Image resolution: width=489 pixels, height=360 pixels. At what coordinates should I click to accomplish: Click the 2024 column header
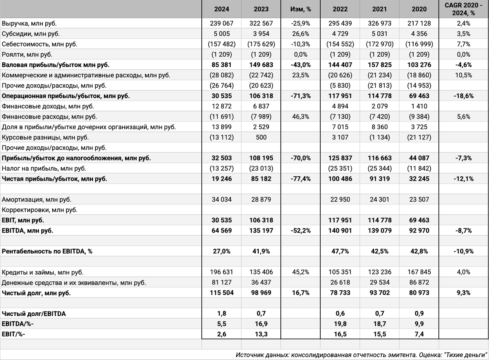coord(222,9)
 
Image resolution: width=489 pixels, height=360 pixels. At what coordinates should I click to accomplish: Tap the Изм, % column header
coord(301,9)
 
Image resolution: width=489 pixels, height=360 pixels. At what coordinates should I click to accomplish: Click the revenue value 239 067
coord(222,23)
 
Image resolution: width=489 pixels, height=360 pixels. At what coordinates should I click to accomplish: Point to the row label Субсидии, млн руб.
coord(31,34)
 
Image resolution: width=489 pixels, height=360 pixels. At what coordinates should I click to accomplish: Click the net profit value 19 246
coord(222,178)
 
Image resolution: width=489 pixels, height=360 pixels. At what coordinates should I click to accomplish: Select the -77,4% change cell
coord(301,178)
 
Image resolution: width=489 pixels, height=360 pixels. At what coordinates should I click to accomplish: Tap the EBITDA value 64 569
coord(222,230)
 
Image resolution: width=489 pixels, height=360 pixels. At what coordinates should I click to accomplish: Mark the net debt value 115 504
coord(222,293)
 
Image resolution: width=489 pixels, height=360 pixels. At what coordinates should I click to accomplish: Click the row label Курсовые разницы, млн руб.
coord(45,137)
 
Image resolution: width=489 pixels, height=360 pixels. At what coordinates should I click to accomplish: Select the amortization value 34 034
coord(222,200)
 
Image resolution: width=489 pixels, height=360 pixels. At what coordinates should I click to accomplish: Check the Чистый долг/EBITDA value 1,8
coord(222,314)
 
